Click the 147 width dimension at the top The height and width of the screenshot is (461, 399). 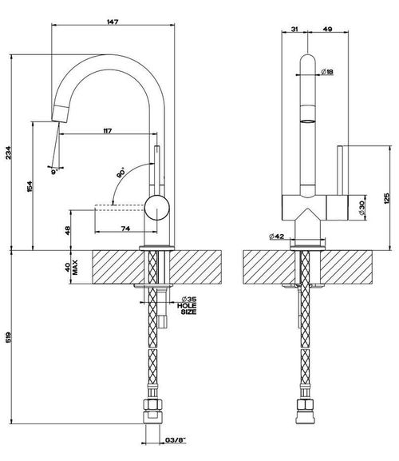click(113, 22)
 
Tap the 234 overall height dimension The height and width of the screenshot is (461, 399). click(9, 153)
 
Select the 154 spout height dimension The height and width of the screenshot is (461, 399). click(30, 186)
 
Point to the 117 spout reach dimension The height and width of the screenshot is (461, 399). click(108, 131)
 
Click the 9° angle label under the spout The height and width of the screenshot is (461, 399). click(54, 173)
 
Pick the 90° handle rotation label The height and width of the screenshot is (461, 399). click(121, 173)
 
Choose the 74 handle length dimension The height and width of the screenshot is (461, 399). click(125, 229)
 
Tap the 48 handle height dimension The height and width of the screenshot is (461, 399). click(68, 230)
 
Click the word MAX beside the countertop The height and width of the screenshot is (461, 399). click(76, 267)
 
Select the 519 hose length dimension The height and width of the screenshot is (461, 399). click(9, 337)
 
